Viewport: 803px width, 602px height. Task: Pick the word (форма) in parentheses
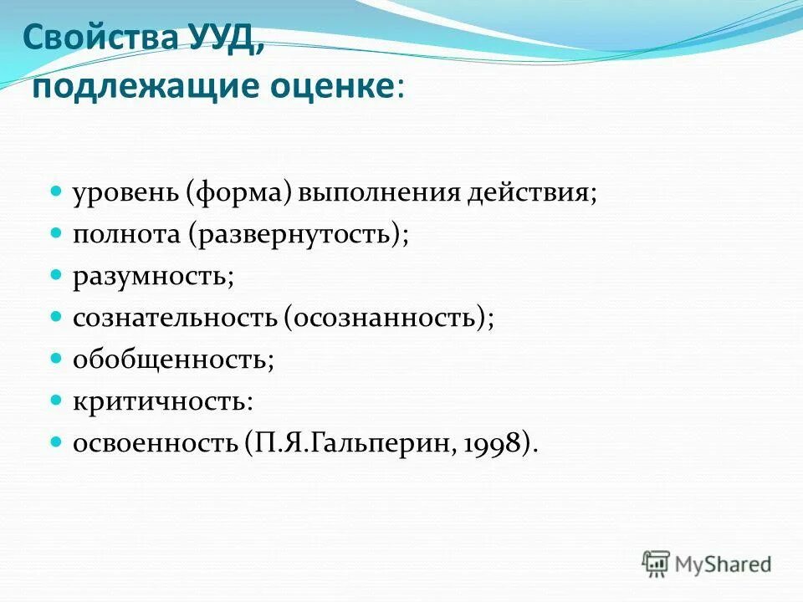[238, 194]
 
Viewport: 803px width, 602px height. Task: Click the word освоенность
[155, 442]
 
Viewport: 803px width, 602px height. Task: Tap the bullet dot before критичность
[57, 399]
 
